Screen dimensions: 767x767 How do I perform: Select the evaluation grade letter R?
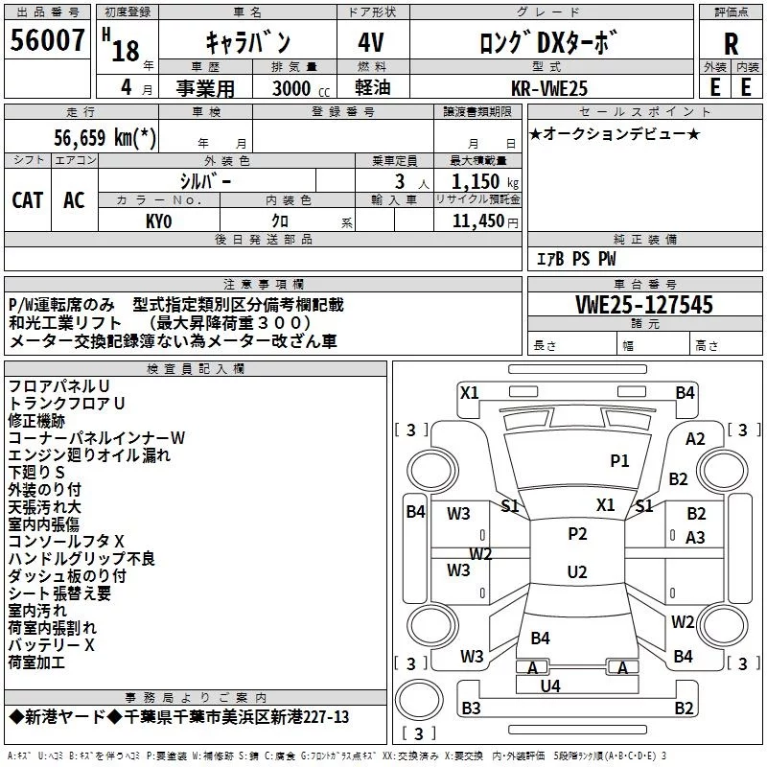[731, 44]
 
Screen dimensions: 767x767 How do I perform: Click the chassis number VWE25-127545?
[644, 305]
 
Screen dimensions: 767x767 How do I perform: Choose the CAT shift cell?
[27, 199]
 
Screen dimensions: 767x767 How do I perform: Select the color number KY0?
[158, 221]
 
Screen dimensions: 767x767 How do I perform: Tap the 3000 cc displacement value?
[291, 87]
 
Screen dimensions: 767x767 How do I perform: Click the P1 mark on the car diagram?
[619, 461]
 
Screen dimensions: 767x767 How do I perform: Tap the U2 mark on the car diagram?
[576, 572]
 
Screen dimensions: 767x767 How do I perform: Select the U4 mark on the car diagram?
[549, 686]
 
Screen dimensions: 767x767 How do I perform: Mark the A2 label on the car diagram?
[695, 439]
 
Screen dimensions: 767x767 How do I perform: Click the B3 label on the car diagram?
[471, 709]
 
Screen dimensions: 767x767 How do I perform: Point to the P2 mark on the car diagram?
[576, 534]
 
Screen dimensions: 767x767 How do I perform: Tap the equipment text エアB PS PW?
[575, 259]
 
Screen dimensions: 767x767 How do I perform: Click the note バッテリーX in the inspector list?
[52, 645]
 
